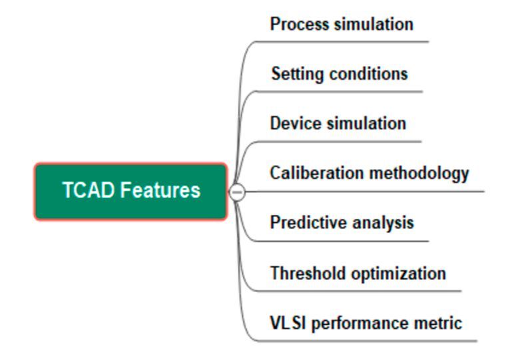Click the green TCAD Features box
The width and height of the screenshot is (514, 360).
click(131, 192)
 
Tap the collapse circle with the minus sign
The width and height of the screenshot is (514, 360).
click(237, 192)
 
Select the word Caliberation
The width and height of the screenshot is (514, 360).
click(308, 173)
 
